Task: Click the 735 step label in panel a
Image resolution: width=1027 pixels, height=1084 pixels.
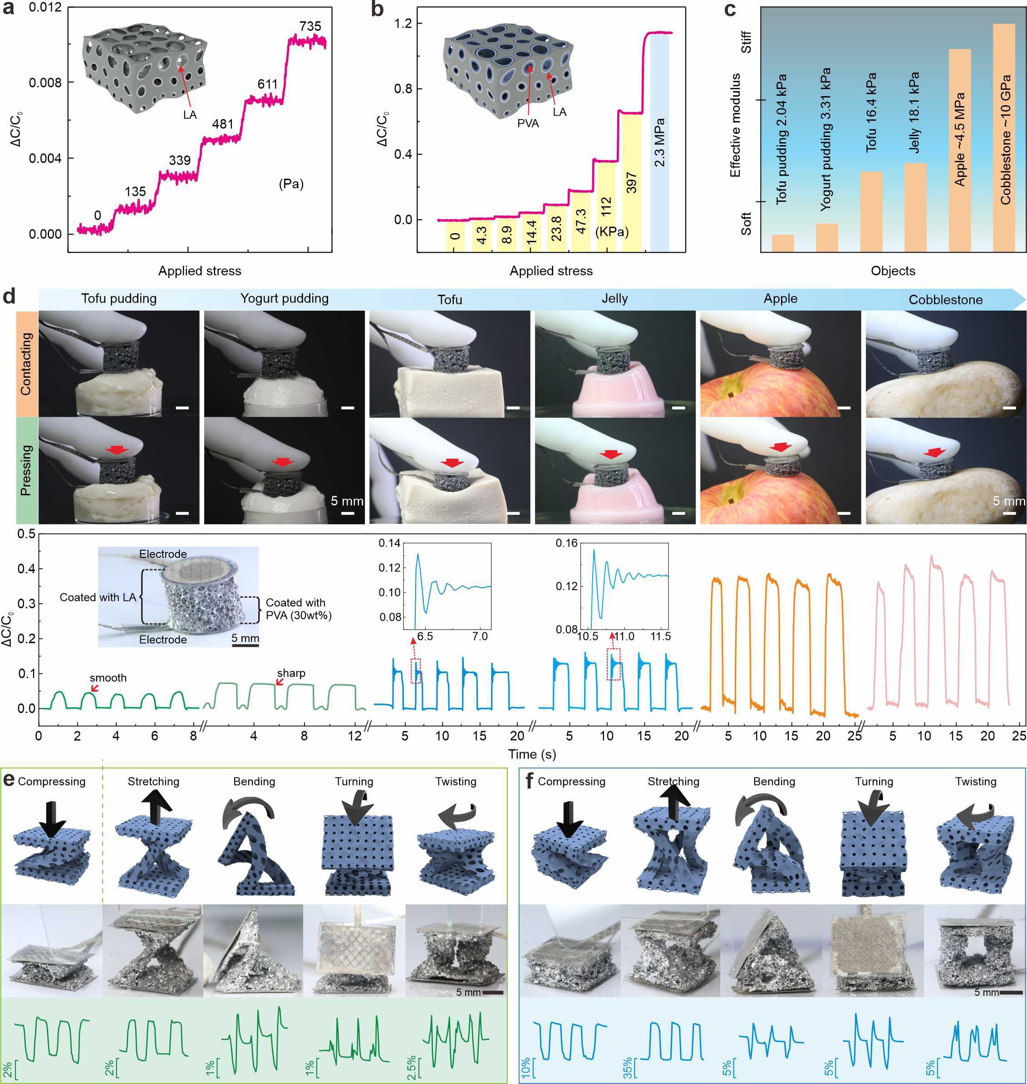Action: click(310, 26)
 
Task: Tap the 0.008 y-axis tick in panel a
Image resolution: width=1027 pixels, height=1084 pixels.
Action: click(45, 83)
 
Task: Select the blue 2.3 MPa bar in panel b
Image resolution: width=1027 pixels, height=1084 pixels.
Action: click(659, 142)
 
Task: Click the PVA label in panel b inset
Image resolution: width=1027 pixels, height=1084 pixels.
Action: click(528, 124)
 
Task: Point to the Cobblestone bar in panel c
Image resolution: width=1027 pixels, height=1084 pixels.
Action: click(1003, 137)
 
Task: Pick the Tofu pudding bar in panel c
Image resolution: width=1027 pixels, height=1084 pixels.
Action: click(782, 243)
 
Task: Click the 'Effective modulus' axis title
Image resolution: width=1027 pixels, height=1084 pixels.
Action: click(735, 125)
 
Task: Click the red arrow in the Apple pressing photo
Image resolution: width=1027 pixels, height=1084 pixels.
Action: click(780, 448)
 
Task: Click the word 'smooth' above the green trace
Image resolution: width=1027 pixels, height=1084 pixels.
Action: click(108, 678)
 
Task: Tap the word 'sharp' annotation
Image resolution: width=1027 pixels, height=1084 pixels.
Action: click(291, 673)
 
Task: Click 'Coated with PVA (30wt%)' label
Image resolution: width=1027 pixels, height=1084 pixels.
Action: click(298, 609)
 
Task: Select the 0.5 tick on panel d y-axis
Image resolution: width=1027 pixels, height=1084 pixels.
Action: click(26, 533)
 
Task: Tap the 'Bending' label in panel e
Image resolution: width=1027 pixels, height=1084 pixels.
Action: click(254, 781)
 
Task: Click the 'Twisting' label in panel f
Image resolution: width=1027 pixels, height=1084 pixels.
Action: click(976, 781)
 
